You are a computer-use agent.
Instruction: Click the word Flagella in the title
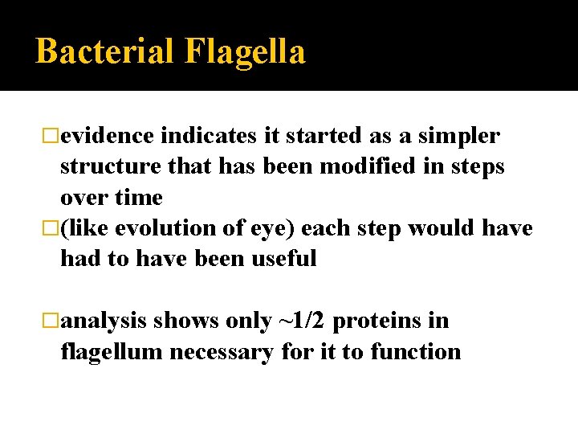[x=246, y=51]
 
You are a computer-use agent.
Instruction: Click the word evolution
[x=166, y=228]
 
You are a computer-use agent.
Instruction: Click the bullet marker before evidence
[x=52, y=137]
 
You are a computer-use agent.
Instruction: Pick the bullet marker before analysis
[x=52, y=321]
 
